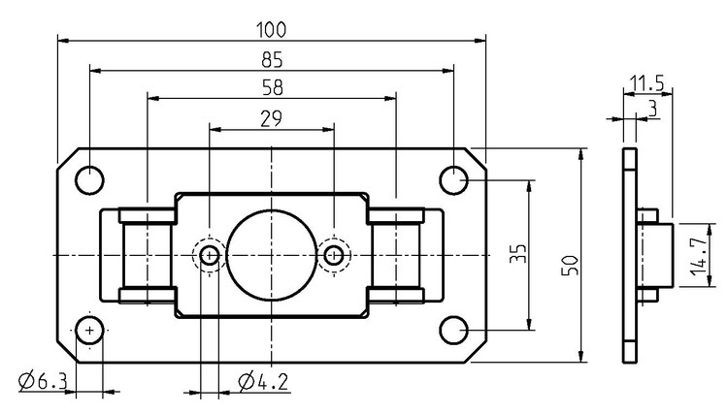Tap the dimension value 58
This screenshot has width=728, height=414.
(x=272, y=88)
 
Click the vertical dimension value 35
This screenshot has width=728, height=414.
(x=519, y=255)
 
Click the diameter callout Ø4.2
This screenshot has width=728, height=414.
(x=262, y=382)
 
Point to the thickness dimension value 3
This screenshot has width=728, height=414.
(x=651, y=109)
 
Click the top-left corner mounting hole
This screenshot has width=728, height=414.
(x=89, y=179)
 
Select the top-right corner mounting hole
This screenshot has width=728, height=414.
(x=453, y=179)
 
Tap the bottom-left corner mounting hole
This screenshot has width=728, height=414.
(x=89, y=332)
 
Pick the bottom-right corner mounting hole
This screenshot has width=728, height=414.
(x=453, y=332)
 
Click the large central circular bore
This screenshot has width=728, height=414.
(x=272, y=255)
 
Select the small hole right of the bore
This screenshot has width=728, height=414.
(x=334, y=256)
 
